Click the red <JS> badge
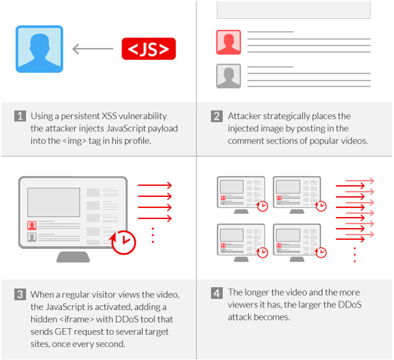pos(149,49)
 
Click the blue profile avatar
pos(40,49)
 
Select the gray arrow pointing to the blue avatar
pos(93,49)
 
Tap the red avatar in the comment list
pos(229,42)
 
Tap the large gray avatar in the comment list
pos(229,76)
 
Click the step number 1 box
pos(20,116)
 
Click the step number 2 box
pos(217,116)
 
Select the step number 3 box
pos(20,294)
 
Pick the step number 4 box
pos(217,293)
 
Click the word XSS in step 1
pos(109,116)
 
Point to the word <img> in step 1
pos(74,141)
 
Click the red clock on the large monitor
pos(123,242)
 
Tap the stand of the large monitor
pos(73,257)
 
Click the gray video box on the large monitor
pos(54,202)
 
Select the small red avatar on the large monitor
pos(32,225)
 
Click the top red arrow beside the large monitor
pos(155,185)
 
